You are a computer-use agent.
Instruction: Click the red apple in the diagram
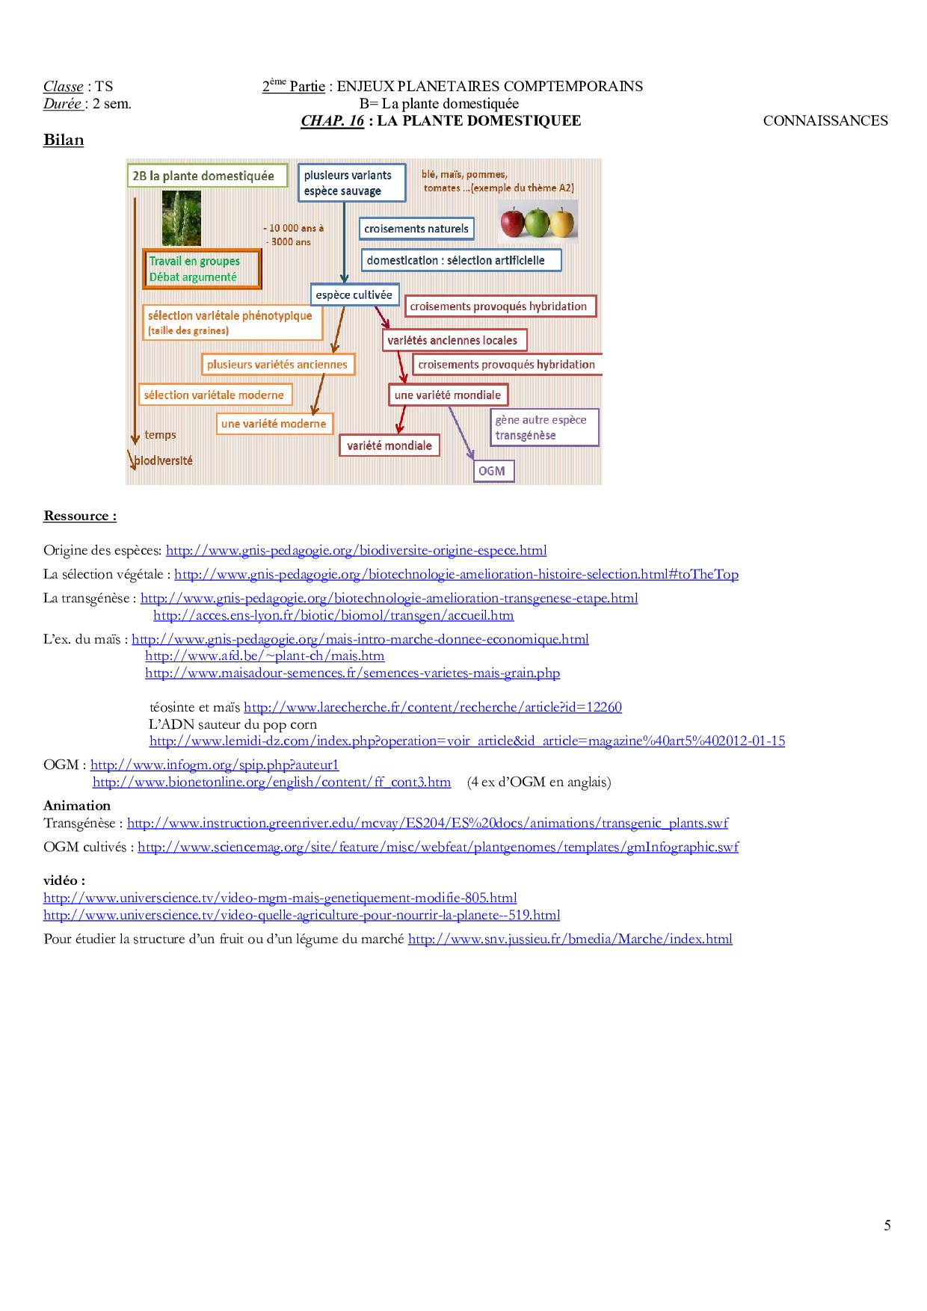tap(512, 223)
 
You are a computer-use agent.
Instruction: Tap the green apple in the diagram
tap(537, 223)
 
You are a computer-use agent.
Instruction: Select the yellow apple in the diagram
tap(562, 222)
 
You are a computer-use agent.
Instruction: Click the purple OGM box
tap(493, 471)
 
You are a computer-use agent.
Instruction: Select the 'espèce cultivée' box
tap(354, 294)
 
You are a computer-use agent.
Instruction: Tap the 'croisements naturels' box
tap(416, 229)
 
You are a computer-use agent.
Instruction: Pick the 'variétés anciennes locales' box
tap(453, 340)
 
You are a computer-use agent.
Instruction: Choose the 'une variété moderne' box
tap(274, 424)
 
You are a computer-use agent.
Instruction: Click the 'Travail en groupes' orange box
tap(202, 269)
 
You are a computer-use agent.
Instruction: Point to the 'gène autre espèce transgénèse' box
tap(543, 428)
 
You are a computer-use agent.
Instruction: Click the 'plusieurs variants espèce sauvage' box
tap(351, 183)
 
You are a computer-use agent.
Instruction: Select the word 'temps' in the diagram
tap(160, 435)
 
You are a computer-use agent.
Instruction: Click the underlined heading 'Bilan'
tap(64, 141)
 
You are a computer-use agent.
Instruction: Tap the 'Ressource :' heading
tap(80, 516)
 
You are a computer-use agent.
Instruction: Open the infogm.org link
tap(215, 765)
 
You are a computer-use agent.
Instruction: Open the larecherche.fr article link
tap(433, 707)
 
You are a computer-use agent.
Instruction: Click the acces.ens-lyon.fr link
tap(333, 615)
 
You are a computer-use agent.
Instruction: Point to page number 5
tap(887, 1225)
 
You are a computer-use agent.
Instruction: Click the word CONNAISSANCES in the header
tap(825, 121)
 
